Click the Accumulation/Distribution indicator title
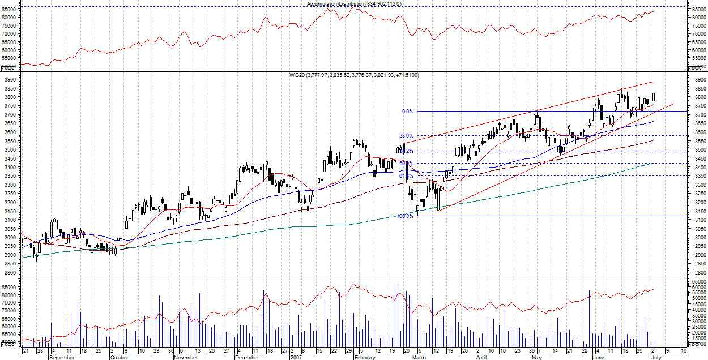coord(354,4)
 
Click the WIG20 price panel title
coord(353,75)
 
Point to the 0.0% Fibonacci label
coord(407,112)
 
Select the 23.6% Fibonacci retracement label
coord(406,136)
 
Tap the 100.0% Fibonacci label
coord(404,216)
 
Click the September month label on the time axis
coord(61,357)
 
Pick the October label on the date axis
coord(119,357)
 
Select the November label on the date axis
coord(186,357)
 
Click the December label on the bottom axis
coord(246,357)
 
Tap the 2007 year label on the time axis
coord(296,357)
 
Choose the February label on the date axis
coord(365,357)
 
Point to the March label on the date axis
coord(419,357)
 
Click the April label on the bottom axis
coord(481,357)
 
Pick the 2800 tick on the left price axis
coord(9,272)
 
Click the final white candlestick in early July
coord(654,98)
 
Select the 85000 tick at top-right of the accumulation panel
coord(698,10)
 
